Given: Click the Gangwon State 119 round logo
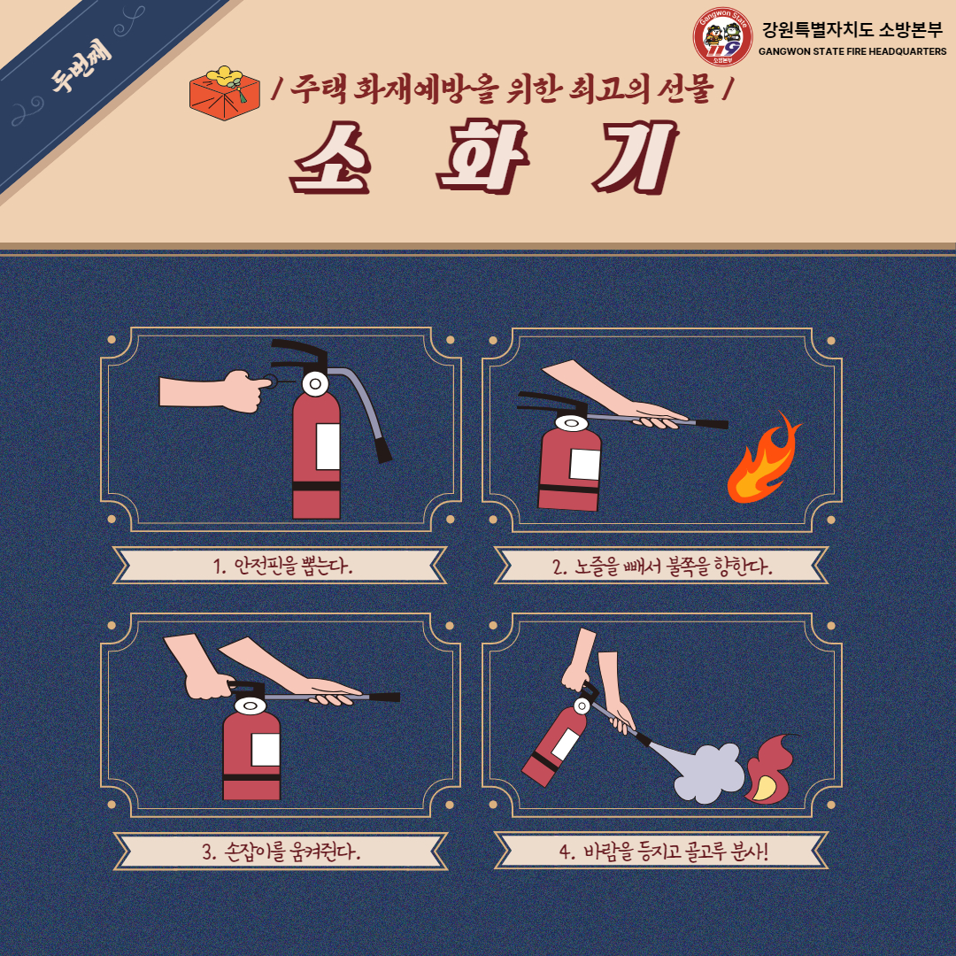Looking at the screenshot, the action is coord(722,36).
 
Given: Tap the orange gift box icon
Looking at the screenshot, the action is coord(224,93).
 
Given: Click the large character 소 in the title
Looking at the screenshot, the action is coord(331,158).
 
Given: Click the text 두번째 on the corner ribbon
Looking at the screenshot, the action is coord(81,66).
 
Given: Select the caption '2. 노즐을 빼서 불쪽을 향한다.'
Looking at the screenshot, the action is coord(662,566).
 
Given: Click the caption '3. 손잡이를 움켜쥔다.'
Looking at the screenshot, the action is coord(281,851).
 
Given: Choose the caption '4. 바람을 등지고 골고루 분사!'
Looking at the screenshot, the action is coord(663,851).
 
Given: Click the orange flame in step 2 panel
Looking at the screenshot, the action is coord(763,459).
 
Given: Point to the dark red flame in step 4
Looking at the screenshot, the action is coord(770,770).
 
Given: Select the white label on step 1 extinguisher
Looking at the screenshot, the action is coord(328,446).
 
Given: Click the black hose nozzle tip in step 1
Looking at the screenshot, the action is coord(383,450).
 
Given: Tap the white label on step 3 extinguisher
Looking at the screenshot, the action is coord(266,750).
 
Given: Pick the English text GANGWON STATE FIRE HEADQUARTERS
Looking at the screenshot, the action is coord(852,52).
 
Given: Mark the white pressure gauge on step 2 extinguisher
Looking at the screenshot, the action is coord(571,422).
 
